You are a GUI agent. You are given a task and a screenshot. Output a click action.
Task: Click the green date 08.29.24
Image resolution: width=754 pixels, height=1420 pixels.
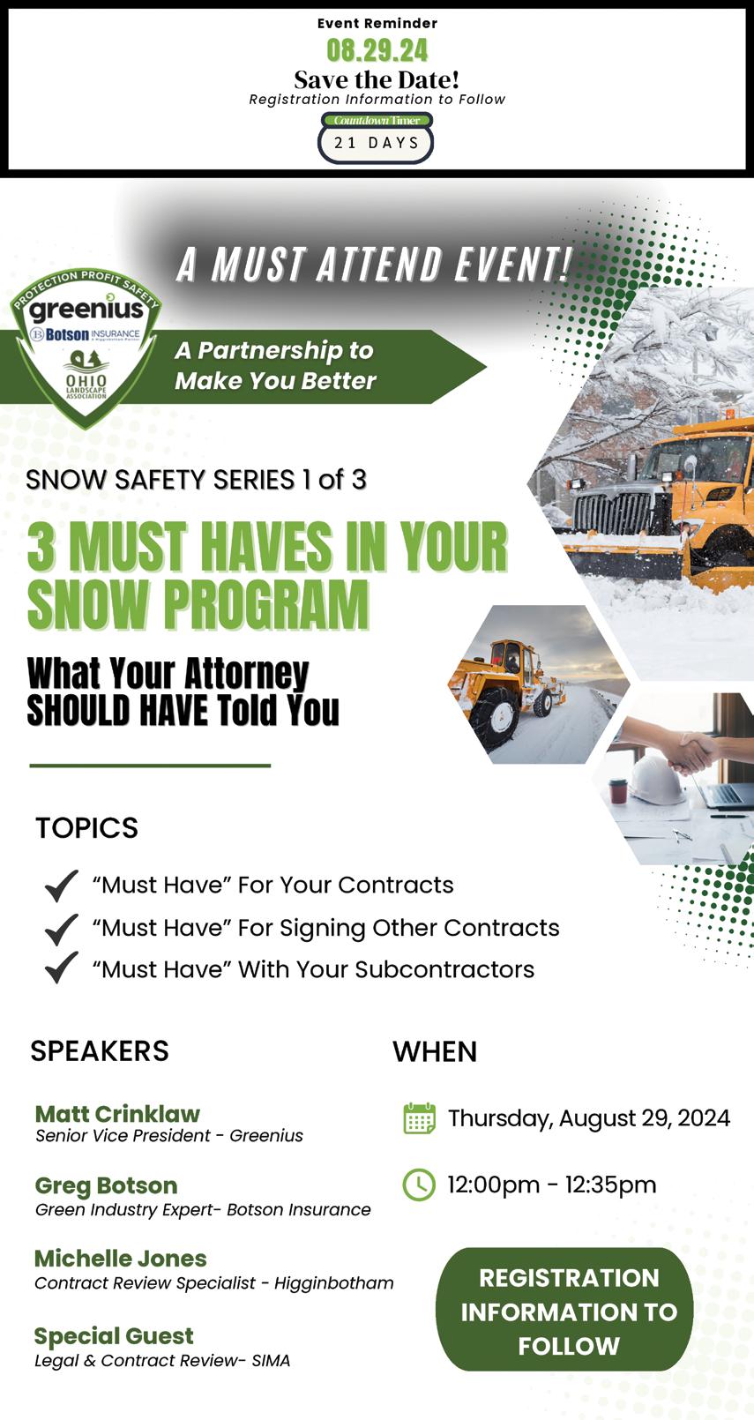(x=377, y=51)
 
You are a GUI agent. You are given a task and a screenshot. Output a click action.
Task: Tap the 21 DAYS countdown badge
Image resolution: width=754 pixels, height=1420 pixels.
(x=376, y=143)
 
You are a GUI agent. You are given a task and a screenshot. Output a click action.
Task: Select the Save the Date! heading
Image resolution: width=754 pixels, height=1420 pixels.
(x=377, y=80)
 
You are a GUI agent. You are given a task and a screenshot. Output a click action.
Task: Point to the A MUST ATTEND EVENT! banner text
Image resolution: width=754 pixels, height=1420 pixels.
(x=374, y=264)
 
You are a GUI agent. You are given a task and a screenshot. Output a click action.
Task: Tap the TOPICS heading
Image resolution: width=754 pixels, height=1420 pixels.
(x=86, y=827)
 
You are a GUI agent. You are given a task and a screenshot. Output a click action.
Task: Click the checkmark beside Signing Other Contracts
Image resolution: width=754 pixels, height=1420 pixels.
(x=62, y=929)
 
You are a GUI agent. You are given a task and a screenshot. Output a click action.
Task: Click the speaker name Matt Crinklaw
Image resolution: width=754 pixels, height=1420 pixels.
(x=117, y=1113)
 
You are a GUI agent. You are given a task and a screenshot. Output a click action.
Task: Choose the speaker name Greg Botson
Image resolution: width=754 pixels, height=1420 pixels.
(x=106, y=1185)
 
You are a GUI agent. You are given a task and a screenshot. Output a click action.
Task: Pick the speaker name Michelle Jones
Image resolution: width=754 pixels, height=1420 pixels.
(x=121, y=1259)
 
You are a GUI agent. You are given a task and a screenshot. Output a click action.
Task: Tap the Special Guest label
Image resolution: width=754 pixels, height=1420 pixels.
(x=114, y=1335)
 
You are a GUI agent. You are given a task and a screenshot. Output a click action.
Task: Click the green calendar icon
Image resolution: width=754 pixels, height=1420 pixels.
(x=420, y=1118)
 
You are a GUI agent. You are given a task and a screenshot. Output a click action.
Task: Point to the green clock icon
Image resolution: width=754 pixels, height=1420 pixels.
(x=419, y=1185)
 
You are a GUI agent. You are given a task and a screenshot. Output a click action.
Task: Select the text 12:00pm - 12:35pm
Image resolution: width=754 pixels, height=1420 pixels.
(x=552, y=1185)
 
